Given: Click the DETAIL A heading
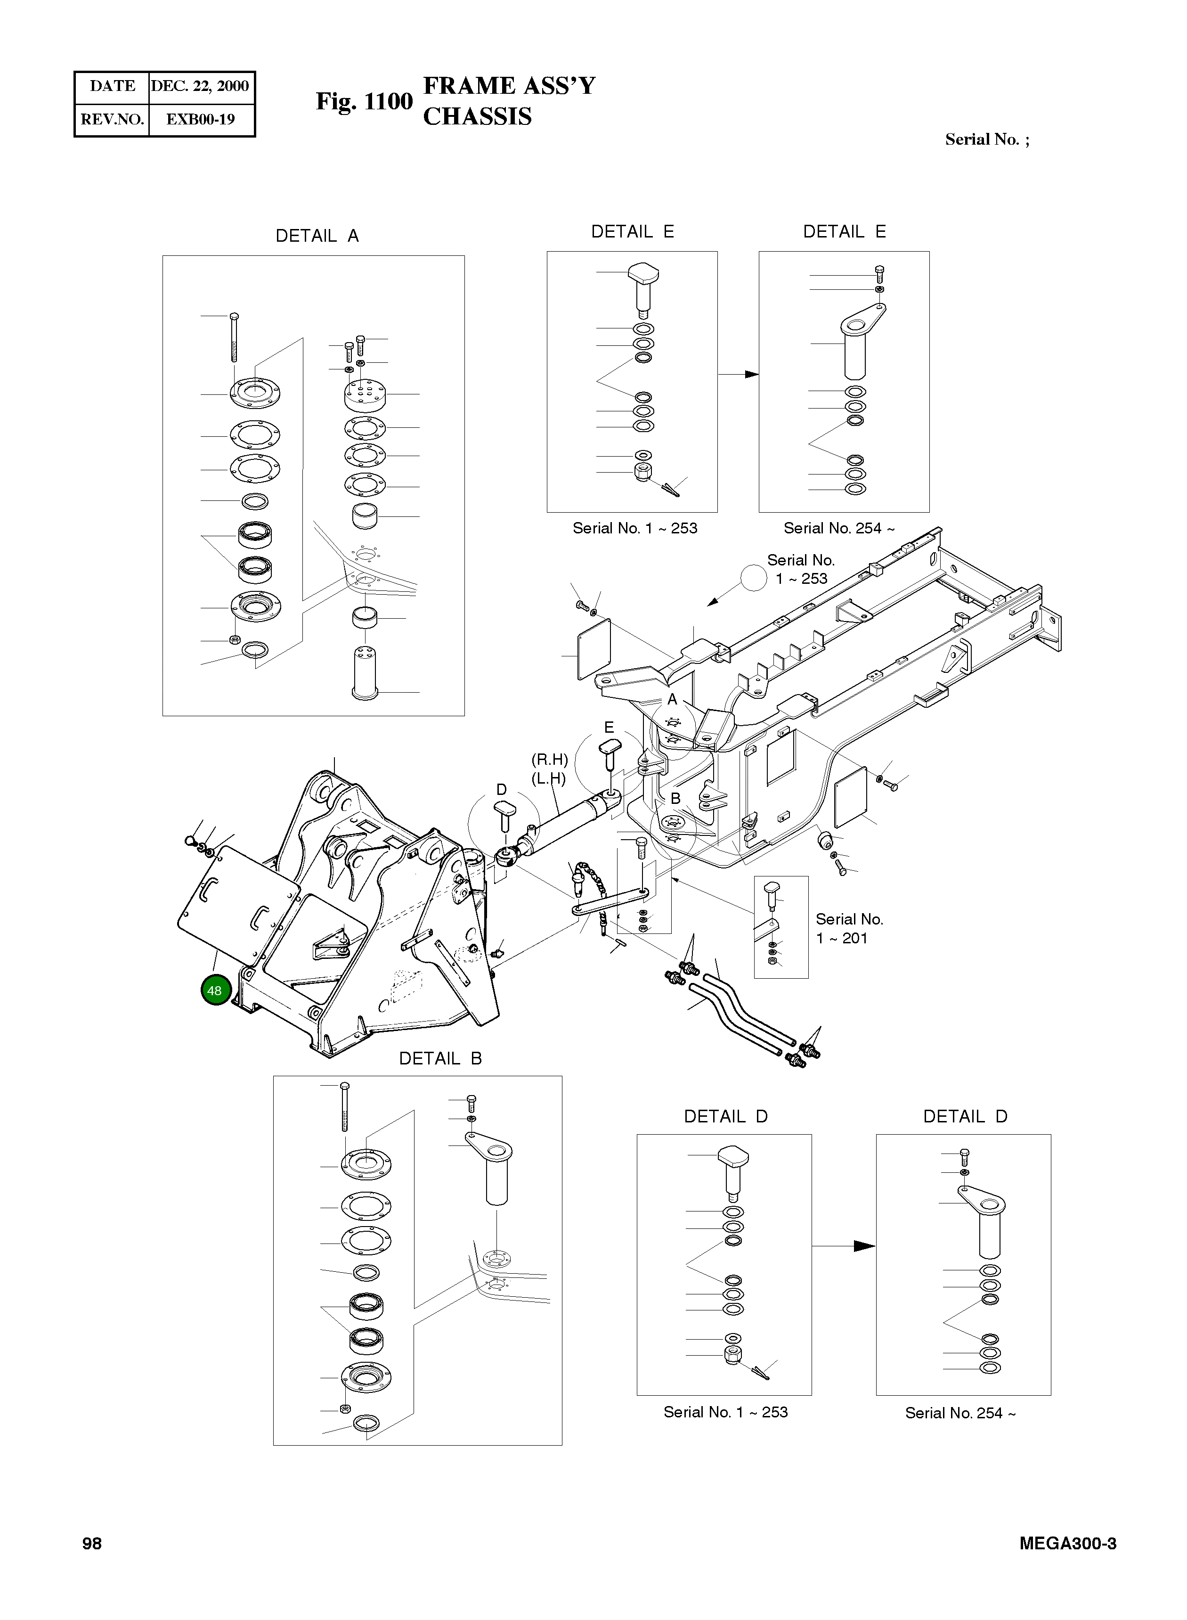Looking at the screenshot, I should (x=317, y=236).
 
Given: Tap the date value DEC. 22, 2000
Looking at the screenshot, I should (x=200, y=86).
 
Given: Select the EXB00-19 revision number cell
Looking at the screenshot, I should (x=201, y=119).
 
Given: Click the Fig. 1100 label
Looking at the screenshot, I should (x=364, y=101).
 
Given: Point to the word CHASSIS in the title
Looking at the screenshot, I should (x=477, y=116).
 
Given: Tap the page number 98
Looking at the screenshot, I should (x=92, y=1544).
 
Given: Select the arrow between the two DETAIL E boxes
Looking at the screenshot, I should (x=738, y=375).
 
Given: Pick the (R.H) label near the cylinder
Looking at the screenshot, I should (x=550, y=760).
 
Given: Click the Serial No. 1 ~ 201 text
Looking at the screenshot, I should (x=849, y=929).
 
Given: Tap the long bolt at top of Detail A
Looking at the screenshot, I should (x=234, y=338).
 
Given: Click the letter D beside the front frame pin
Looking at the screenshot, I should (x=502, y=789).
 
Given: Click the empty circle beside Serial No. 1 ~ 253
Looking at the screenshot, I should (x=754, y=577).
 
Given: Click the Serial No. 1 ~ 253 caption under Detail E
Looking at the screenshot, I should (x=634, y=528).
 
